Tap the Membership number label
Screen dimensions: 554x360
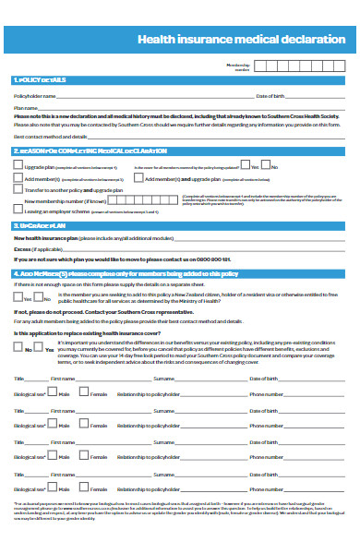237,66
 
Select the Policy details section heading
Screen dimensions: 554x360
41,80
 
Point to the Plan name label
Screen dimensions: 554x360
25,107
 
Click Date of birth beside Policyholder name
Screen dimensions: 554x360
273,95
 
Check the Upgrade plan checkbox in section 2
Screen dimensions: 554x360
18,166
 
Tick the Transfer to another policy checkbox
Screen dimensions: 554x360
18,188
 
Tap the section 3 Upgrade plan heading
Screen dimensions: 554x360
41,225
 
